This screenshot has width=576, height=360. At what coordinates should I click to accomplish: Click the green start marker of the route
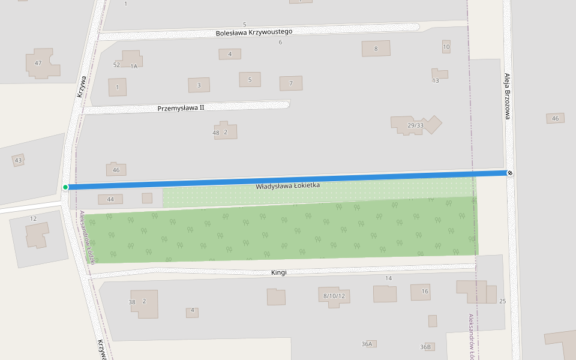(65, 187)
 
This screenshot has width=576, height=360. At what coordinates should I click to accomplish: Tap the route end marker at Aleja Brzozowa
(510, 173)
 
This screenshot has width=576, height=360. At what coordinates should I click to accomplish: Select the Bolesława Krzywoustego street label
(254, 32)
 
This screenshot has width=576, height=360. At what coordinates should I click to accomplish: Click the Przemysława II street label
(181, 108)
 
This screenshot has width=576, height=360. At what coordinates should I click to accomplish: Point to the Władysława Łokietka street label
(288, 186)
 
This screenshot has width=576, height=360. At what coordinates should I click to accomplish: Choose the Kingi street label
(279, 272)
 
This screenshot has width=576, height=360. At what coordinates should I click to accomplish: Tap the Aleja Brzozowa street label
(507, 96)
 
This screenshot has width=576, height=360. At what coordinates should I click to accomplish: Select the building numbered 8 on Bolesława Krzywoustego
(376, 49)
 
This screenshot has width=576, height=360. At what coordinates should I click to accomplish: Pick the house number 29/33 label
(415, 125)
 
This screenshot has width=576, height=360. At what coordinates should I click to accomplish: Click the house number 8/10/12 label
(334, 296)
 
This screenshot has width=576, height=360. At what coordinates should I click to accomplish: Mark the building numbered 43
(18, 160)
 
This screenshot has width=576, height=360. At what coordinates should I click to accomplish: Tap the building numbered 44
(110, 199)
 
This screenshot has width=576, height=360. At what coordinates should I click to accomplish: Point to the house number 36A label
(367, 344)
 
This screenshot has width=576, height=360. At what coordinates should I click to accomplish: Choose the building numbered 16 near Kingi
(420, 292)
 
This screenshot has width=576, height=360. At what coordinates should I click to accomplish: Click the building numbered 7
(291, 83)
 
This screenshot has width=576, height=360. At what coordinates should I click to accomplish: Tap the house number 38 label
(132, 302)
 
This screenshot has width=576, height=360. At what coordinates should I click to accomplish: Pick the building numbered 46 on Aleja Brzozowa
(555, 118)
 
